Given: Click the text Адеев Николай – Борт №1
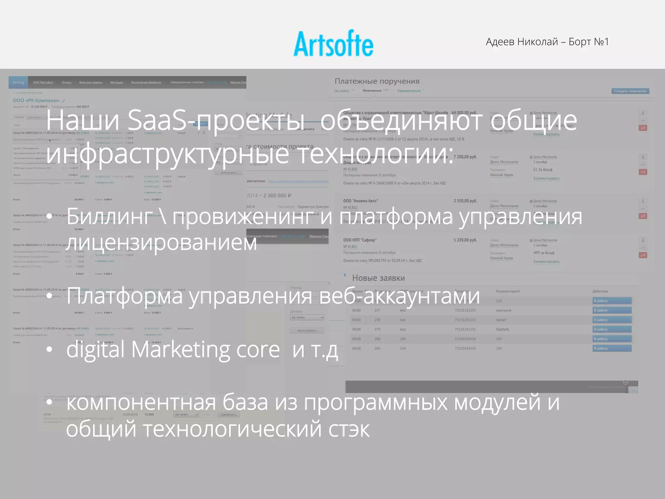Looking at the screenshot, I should pyautogui.click(x=547, y=42).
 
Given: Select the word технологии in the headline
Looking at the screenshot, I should pyautogui.click(x=374, y=154).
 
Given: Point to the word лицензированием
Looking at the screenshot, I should pyautogui.click(x=161, y=242).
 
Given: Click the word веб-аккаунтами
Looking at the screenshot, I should pyautogui.click(x=399, y=296).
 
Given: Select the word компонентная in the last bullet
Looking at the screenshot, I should pyautogui.click(x=141, y=402).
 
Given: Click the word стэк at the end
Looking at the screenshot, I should pyautogui.click(x=349, y=429).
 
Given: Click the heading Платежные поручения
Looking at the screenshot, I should pyautogui.click(x=377, y=81).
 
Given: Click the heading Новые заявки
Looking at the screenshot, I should pyautogui.click(x=378, y=278).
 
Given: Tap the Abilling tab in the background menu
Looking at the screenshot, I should pyautogui.click(x=18, y=83).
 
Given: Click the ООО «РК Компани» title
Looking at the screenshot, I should pyautogui.click(x=36, y=100).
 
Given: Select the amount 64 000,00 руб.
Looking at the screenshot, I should pyautogui.click(x=464, y=113).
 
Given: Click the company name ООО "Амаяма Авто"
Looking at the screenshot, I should pyautogui.click(x=360, y=201).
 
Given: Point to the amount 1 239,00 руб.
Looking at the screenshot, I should pyautogui.click(x=465, y=240).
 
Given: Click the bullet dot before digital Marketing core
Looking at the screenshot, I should pyautogui.click(x=49, y=350).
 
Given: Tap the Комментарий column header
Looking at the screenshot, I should pyautogui.click(x=508, y=291).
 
